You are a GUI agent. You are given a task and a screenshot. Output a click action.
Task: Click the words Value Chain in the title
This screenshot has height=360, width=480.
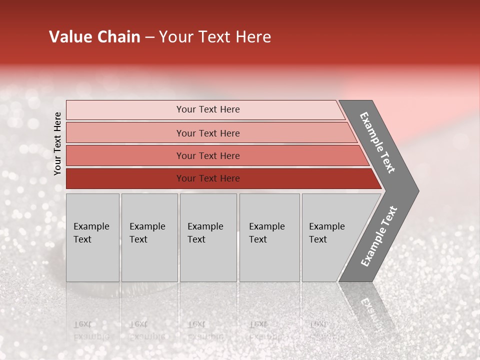tap(94, 37)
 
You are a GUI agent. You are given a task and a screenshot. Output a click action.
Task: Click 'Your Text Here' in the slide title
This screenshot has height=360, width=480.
tap(215, 37)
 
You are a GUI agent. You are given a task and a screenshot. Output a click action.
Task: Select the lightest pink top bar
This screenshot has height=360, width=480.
tap(125, 110)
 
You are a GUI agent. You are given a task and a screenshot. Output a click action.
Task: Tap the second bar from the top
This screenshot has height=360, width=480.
tap(125, 133)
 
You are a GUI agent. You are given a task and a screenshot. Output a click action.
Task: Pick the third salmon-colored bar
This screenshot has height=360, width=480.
tap(125, 155)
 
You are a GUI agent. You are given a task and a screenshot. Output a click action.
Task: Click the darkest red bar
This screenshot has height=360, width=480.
tap(125, 178)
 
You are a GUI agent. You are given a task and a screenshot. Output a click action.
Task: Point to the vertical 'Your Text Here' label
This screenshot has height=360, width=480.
tap(57, 143)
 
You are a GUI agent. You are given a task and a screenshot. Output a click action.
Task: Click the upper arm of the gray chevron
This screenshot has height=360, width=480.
tap(378, 142)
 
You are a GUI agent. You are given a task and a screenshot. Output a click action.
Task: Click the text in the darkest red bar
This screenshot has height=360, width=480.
tap(208, 178)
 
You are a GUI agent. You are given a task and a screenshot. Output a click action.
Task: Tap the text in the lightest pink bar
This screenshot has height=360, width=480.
tap(208, 109)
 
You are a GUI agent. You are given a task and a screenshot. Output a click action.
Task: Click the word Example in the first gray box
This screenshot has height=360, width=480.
tap(91, 226)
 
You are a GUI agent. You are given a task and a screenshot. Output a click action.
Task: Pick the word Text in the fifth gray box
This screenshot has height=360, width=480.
tap(318, 239)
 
